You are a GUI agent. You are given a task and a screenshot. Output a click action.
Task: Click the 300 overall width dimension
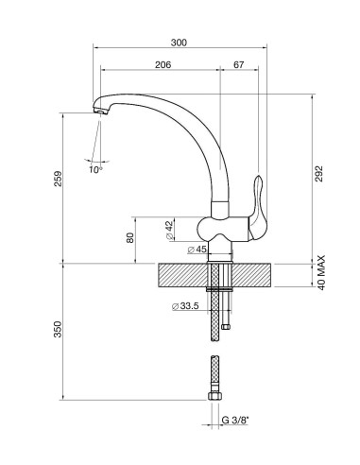click(180, 43)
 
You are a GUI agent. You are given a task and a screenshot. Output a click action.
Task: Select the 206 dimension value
click(162, 64)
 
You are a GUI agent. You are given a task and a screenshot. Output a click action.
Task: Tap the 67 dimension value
click(238, 64)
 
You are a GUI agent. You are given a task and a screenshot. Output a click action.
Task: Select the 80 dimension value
click(129, 238)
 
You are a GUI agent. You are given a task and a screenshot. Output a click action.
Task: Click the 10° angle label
click(96, 170)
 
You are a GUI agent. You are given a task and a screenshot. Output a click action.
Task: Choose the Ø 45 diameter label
click(197, 250)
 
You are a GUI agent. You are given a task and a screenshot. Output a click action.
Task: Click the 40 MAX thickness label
click(321, 273)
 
